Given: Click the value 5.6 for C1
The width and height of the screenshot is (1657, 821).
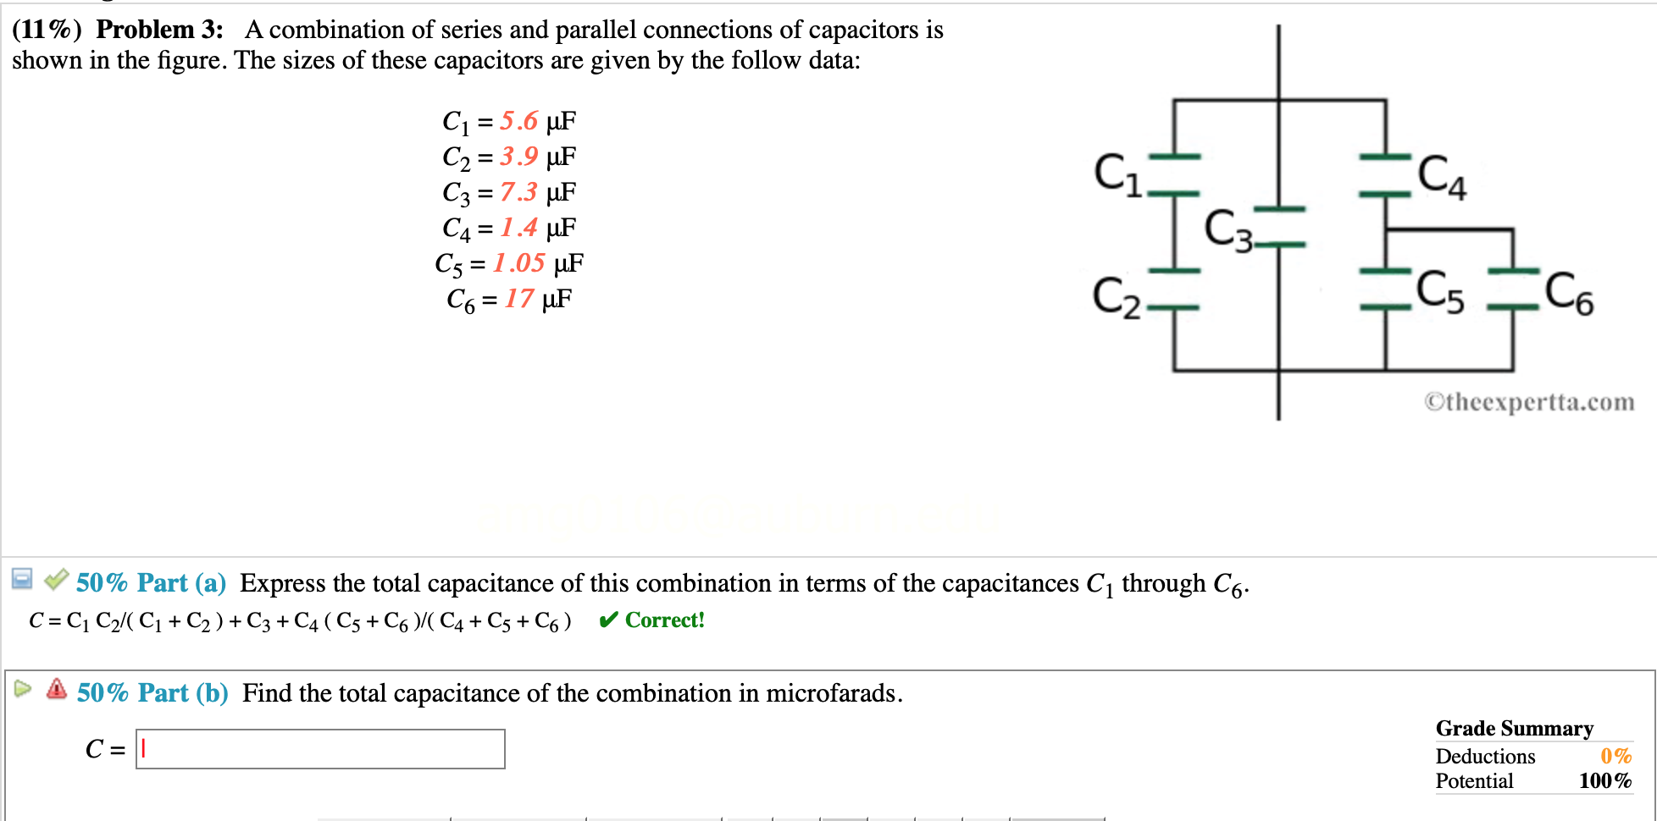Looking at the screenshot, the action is pos(518,121).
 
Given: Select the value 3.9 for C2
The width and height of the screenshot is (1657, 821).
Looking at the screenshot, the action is pos(518,157).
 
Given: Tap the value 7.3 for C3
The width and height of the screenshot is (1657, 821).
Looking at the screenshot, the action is pos(518,192).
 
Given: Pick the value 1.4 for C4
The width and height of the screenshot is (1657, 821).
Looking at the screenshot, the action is pos(518,228).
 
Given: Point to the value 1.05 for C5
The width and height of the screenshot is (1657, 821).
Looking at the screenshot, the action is pos(518,263).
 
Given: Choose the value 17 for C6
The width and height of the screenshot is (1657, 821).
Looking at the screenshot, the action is pos(519,299).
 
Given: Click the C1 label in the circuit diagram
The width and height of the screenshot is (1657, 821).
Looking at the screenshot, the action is pos(1117,175).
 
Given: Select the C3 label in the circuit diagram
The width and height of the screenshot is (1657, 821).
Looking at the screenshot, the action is pos(1228,230).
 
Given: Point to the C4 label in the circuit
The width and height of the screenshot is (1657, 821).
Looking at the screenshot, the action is pos(1442,177).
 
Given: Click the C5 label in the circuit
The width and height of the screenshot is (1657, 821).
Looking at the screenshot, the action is pos(1440,292).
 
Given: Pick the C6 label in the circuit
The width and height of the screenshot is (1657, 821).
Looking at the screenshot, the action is pos(1569,293).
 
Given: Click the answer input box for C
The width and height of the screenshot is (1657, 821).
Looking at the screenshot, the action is pos(320,749).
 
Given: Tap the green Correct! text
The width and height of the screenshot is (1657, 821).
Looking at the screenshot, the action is pos(664,620).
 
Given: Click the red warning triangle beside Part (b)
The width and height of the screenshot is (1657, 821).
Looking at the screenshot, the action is pos(57,689).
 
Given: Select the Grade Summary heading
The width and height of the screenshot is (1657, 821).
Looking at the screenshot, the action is pos(1514,729).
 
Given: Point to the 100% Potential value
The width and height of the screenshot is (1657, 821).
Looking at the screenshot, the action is pos(1604,781).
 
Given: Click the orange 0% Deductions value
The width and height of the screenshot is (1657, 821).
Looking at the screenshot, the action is pos(1615,756).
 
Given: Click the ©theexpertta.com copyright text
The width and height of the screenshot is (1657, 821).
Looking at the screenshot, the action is pos(1529,402).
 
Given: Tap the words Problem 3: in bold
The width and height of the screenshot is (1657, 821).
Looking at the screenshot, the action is pos(159,30).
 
